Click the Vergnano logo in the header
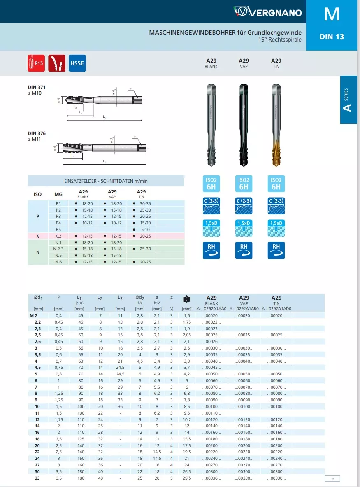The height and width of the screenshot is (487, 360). point(267,12)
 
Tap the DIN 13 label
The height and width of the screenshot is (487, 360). point(331,37)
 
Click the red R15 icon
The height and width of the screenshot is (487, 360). point(36,63)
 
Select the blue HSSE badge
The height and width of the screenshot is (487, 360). point(77,63)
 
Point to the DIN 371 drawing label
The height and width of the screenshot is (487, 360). point(37,87)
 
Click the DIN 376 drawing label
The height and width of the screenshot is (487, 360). point(37,133)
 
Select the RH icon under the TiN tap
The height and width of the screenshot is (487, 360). point(276,250)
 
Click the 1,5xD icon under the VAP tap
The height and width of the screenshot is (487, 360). point(244,228)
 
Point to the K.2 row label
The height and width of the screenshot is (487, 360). point(58,236)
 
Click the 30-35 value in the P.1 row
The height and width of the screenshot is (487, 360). point(145,203)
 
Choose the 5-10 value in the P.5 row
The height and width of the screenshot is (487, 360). point(145,229)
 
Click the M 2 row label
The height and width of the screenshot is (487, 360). point(34,315)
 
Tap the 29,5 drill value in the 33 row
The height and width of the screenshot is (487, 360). point(187,478)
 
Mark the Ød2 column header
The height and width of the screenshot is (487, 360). point(140,298)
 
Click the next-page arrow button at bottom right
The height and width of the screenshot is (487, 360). point(332,478)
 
